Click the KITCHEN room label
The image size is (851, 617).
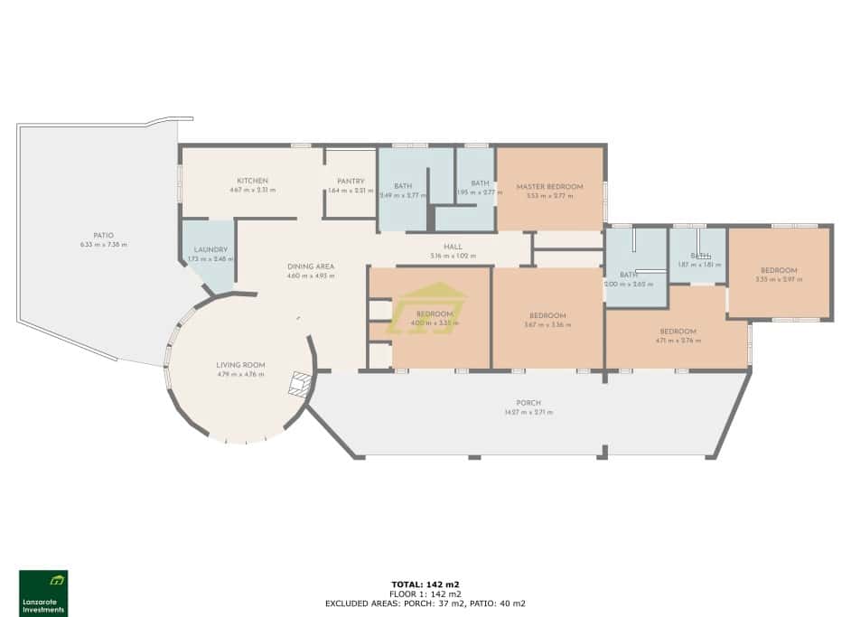[252, 181]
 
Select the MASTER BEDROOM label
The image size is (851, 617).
[549, 187]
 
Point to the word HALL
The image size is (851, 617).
[453, 246]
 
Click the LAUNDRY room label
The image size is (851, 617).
[210, 249]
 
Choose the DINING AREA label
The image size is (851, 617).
[311, 266]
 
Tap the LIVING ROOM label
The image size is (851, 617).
[239, 365]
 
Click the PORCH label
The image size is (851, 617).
[528, 403]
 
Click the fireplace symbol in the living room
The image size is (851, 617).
[298, 386]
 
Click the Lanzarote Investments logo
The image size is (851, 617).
[43, 593]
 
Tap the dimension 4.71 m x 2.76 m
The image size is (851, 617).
[678, 341]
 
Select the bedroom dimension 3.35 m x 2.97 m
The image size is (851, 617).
[778, 279]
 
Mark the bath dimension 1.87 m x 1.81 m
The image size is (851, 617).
[697, 265]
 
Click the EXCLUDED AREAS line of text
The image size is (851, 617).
[425, 603]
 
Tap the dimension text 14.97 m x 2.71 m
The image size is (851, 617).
[528, 412]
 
